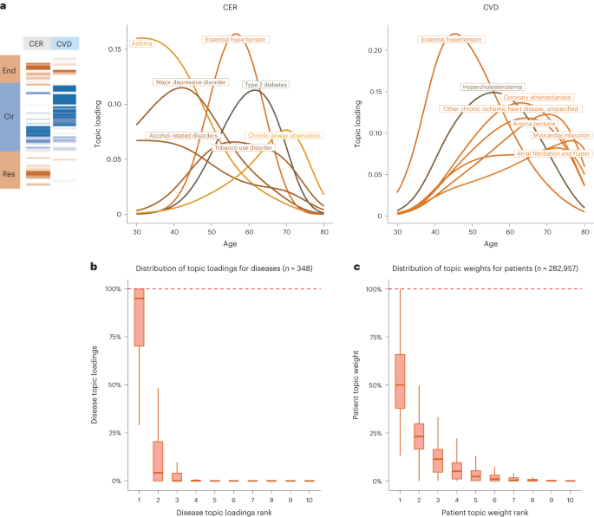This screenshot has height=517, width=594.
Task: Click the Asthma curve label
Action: (141, 42)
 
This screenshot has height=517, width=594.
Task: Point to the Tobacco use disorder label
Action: (244, 148)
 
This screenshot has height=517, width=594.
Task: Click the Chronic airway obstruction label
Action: (284, 136)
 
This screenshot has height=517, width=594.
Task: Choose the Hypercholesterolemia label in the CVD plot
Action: (491, 87)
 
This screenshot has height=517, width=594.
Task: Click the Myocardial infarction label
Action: (560, 136)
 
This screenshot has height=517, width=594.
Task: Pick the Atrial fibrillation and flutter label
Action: (553, 153)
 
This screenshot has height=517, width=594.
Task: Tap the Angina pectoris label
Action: (533, 124)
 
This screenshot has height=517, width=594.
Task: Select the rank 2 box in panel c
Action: (418, 436)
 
